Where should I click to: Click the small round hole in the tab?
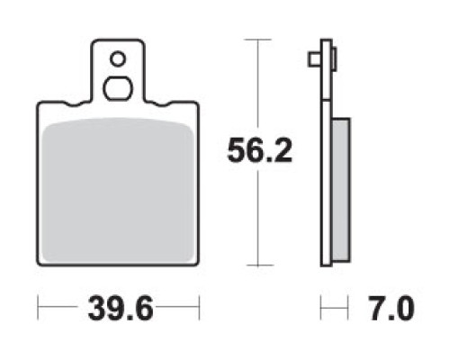(118, 59)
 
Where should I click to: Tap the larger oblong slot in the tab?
(118, 88)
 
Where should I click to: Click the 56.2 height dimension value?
(259, 151)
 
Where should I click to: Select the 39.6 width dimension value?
(121, 308)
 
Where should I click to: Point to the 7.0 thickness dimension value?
(391, 308)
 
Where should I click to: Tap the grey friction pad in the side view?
(341, 190)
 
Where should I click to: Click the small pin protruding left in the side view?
(315, 59)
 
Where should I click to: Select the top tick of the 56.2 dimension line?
(257, 40)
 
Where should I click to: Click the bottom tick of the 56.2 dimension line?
(257, 265)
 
